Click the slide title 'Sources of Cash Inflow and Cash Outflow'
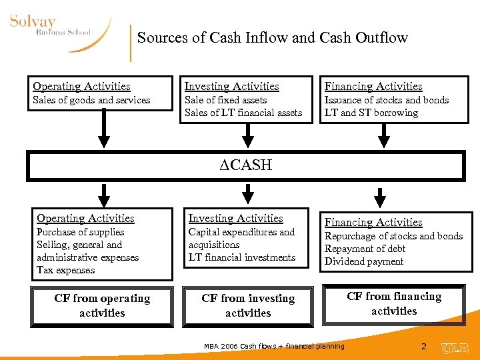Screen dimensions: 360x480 click(272, 38)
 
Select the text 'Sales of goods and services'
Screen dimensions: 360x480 click(91, 101)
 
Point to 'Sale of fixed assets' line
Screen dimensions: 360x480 click(225, 101)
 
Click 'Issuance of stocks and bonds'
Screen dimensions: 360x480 click(387, 101)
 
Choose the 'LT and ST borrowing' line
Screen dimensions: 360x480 click(371, 113)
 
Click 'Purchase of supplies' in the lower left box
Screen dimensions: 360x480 click(81, 233)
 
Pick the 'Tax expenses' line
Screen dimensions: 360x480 click(66, 271)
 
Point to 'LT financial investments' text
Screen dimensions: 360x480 click(242, 258)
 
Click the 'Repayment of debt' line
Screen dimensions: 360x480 click(365, 249)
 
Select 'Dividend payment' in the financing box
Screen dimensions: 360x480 click(364, 262)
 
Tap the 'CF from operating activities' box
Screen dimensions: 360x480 click(102, 306)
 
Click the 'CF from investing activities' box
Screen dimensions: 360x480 click(248, 306)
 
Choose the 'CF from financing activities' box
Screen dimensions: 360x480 click(394, 304)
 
